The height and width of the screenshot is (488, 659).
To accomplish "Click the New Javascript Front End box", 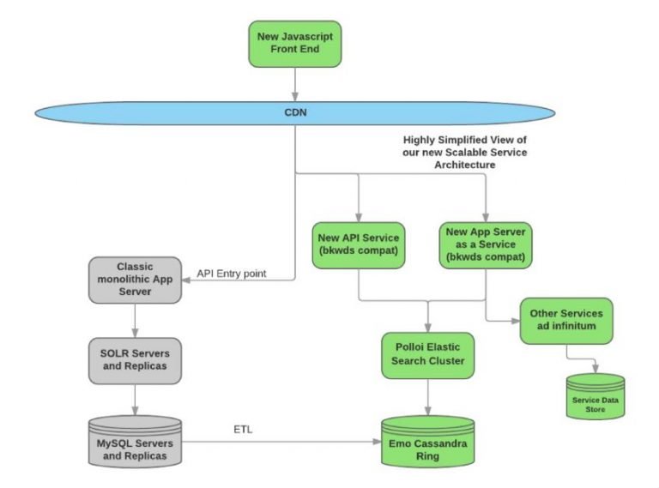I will (295, 44).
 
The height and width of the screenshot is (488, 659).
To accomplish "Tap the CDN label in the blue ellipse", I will (295, 111).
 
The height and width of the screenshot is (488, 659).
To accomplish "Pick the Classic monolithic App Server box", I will (134, 280).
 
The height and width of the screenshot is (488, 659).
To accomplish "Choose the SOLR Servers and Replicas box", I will (134, 355).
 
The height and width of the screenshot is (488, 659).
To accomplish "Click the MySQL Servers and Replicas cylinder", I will (134, 440).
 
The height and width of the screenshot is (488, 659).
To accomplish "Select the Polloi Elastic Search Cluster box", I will (426, 354).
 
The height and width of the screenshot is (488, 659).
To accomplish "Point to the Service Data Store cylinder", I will (595, 396).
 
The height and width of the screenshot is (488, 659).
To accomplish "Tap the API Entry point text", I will (232, 274).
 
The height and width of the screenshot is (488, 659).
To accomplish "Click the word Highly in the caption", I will (422, 138).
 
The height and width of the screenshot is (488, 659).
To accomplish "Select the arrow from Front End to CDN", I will (295, 82).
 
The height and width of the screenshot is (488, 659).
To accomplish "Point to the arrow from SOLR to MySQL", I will (134, 396).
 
